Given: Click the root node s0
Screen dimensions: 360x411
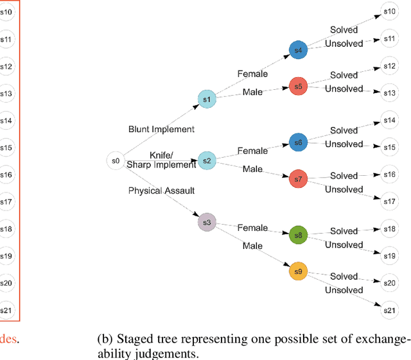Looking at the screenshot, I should point(116,161).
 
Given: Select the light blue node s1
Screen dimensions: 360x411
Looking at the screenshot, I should point(207,99).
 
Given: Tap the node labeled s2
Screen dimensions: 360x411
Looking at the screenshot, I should point(207,161).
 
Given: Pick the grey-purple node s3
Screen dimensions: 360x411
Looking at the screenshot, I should point(207,223).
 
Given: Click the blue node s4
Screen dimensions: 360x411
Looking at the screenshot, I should point(298,50).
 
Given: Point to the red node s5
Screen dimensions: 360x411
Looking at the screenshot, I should point(298,86).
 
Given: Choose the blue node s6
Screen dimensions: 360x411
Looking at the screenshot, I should point(298,143).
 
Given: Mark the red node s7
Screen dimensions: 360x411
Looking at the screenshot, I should point(298,179).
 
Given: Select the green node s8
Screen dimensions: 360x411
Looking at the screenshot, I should point(298,236).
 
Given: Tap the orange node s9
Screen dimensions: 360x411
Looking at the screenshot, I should point(298,272).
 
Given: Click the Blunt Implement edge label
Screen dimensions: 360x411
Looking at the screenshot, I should point(161,130).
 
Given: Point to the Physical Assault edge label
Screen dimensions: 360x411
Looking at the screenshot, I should point(161,191).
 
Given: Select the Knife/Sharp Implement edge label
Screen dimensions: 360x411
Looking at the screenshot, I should point(161,160).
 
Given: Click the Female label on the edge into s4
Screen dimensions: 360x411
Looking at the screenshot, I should point(252,74).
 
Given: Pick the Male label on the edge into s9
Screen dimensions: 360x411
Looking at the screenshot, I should point(252,246).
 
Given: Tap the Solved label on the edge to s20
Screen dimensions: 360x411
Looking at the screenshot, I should point(344,277).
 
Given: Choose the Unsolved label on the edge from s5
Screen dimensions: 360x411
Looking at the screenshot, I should point(344,89).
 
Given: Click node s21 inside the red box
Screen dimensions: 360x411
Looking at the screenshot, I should point(6,311).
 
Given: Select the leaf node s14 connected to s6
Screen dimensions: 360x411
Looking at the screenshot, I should point(389,121).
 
